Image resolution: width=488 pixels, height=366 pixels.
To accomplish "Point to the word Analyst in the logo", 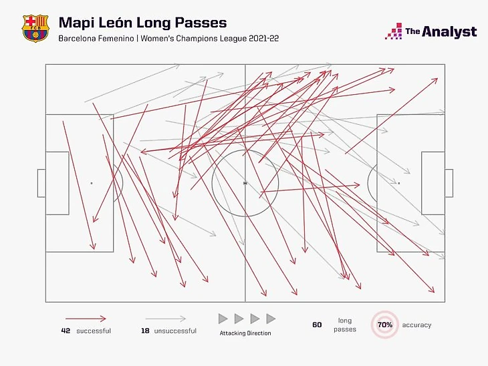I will (x=452, y=31).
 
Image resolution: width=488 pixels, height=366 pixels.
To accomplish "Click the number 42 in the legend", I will (x=66, y=331).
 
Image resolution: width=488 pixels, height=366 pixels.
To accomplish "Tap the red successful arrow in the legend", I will (x=86, y=319).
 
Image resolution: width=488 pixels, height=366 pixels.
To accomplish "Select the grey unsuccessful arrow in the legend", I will (x=166, y=319).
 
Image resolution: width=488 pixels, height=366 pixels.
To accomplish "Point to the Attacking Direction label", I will (x=245, y=333).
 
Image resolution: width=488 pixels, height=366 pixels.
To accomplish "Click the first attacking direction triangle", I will (x=223, y=319).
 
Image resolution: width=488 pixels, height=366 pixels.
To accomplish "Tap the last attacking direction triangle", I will (x=271, y=319).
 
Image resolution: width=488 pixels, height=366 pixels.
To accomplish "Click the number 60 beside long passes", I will (x=317, y=325).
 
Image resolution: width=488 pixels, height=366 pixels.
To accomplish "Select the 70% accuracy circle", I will (x=384, y=325).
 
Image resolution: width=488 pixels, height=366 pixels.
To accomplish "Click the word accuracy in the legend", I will (x=416, y=325).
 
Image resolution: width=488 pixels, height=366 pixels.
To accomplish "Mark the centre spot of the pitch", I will (x=245, y=183).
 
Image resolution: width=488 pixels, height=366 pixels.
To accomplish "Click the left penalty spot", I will (x=92, y=183).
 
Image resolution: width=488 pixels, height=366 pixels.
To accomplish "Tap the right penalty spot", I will (x=398, y=183).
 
